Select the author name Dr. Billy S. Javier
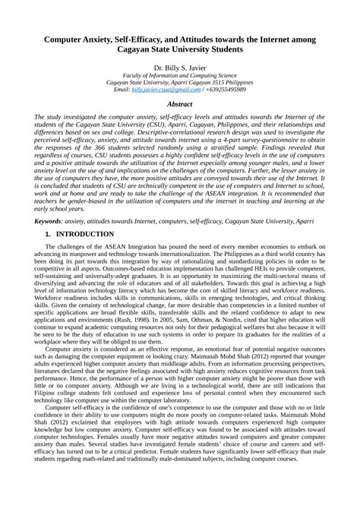pos(180,68)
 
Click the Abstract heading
pos(179,104)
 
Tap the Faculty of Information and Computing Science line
pos(179,75)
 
